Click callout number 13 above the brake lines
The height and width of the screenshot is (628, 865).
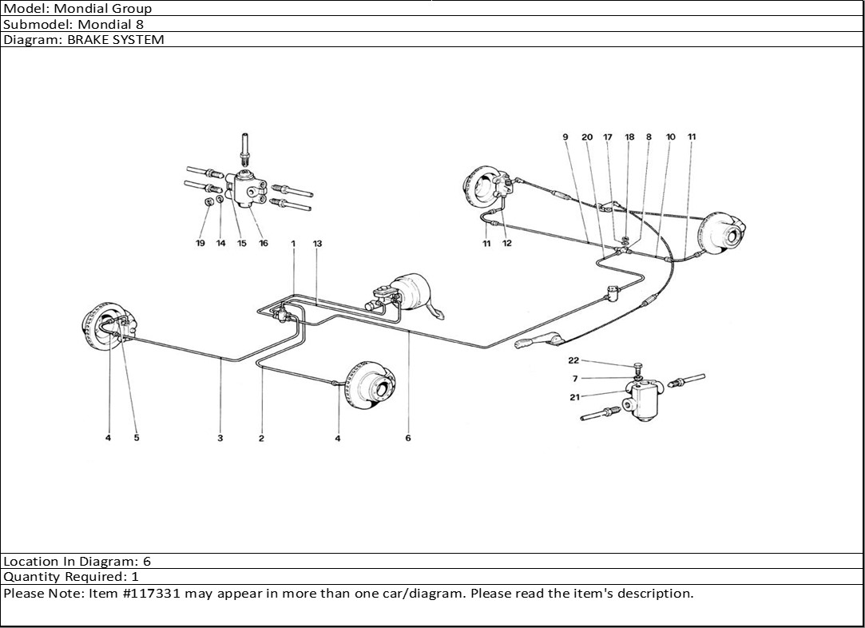317,243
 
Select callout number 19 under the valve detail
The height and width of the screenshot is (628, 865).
200,243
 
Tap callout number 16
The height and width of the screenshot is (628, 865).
263,243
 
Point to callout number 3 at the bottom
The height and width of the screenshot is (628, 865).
220,438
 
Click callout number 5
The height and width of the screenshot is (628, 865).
137,438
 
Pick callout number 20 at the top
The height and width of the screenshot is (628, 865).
587,137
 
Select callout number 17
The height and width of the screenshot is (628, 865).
608,137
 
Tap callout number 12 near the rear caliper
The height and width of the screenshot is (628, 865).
507,244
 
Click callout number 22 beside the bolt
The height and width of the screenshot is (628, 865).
573,360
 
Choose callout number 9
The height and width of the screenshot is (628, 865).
565,137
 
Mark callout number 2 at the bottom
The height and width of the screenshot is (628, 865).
261,438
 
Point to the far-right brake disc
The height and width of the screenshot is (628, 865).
722,233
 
